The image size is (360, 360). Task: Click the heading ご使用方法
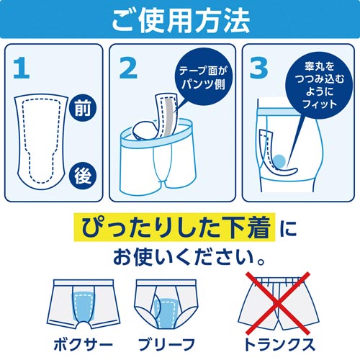(x=181, y=21)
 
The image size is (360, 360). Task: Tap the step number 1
(x=22, y=68)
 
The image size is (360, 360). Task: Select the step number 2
(x=128, y=68)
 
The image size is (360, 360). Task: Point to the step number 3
(x=258, y=68)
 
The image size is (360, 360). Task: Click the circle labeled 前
(x=83, y=108)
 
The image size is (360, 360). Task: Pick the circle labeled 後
(x=83, y=176)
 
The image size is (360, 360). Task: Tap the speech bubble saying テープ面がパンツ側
(x=203, y=76)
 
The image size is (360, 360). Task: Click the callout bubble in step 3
(x=319, y=86)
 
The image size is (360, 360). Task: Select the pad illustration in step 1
(x=41, y=142)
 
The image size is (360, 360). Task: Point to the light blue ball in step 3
(x=279, y=161)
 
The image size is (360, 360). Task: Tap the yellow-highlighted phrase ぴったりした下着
(x=175, y=227)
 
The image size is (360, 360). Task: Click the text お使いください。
(x=189, y=258)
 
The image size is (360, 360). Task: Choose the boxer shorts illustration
(x=84, y=304)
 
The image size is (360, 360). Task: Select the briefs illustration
(x=166, y=304)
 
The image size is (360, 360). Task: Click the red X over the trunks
(x=278, y=303)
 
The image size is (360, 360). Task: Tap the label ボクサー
(x=84, y=345)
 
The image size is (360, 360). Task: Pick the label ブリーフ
(x=166, y=345)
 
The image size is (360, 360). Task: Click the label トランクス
(x=279, y=345)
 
